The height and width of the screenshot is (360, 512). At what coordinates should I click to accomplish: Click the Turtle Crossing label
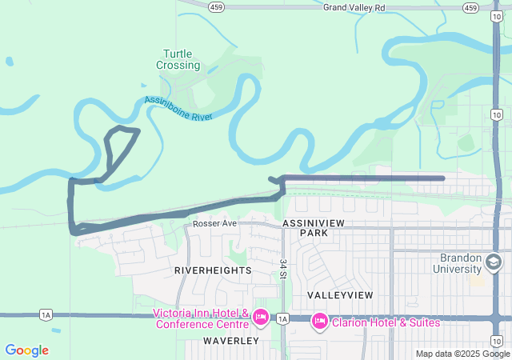178,58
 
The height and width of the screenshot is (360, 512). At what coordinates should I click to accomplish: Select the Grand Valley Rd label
354,7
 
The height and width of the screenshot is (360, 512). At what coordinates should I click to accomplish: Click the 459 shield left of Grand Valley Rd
216,7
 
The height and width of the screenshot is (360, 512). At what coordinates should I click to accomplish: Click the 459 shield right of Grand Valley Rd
470,7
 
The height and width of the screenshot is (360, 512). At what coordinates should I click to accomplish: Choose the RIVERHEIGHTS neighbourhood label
213,270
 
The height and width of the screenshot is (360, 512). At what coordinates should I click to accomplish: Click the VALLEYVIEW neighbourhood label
340,295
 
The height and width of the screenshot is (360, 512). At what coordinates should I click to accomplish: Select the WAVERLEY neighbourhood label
230,341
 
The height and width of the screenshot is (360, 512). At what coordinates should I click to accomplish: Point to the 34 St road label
283,268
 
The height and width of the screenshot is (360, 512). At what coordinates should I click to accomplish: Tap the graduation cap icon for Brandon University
494,262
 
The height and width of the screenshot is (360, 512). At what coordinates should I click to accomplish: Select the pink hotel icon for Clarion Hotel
319,322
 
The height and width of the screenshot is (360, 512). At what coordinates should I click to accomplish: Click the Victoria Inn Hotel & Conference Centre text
200,318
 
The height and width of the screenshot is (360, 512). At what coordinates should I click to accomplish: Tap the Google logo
26,350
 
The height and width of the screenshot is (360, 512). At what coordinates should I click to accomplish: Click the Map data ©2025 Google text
462,354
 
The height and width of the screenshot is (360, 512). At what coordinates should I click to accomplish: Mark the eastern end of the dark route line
442,178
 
